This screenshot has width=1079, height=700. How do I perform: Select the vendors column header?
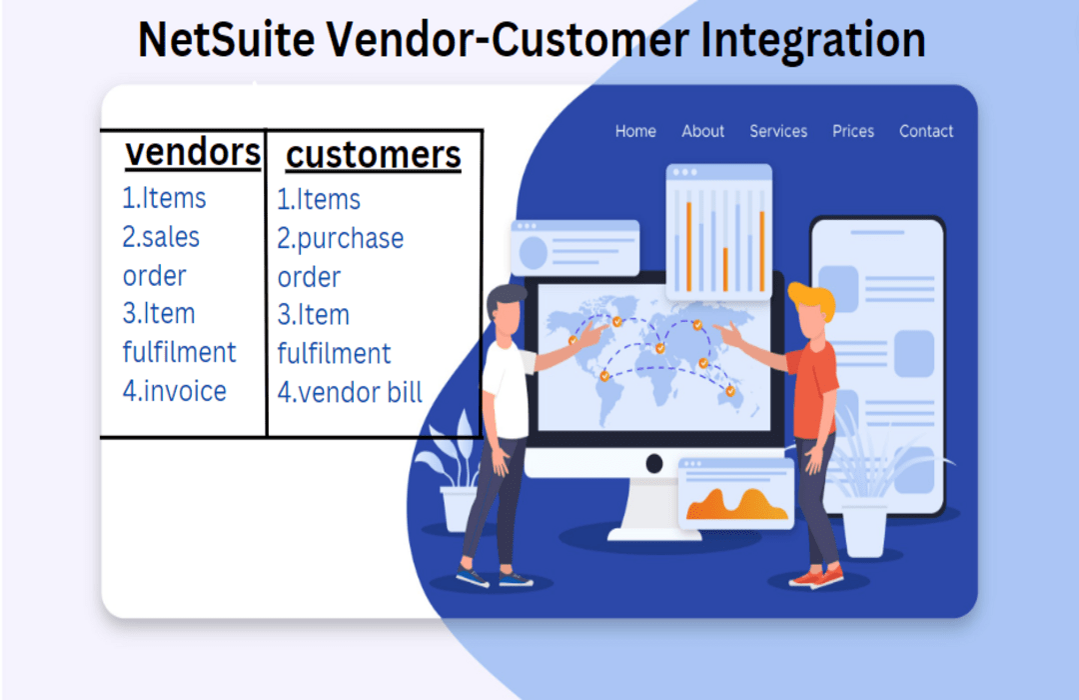pos(193,153)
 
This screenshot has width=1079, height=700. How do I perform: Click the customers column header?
pos(374,155)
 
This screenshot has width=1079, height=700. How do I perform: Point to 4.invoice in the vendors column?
pos(175,391)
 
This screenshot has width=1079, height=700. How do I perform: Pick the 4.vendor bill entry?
pos(350,392)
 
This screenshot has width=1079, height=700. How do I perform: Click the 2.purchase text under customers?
pos(341,239)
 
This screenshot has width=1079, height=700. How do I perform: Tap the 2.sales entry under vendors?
pos(161,238)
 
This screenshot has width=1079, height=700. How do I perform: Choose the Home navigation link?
pos(635,131)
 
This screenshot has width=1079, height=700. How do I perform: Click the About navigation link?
pos(703,131)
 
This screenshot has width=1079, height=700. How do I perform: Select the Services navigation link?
pos(778,131)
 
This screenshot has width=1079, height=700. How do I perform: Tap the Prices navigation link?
pos(853,131)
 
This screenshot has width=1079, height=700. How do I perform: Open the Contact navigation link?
pos(926,131)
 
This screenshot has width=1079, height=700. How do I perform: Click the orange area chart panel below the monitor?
pos(736,494)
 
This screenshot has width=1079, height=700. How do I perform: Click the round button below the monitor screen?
pos(654,463)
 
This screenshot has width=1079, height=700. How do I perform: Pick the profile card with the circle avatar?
pos(574,246)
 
